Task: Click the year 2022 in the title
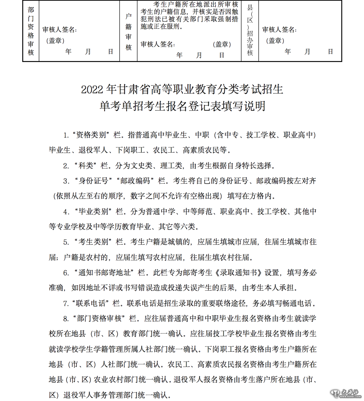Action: coord(92,90)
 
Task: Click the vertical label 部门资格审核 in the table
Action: coord(31,31)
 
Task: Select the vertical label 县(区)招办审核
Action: coord(250,30)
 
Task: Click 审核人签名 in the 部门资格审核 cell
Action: coord(60,30)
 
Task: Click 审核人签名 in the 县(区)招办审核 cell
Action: coord(279,30)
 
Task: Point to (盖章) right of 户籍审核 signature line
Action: coord(222,44)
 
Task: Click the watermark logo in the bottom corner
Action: coord(345,393)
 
